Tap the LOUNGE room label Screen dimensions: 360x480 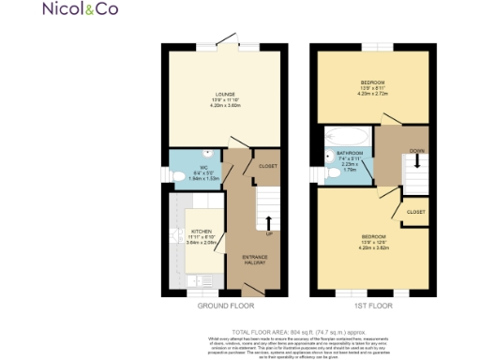(224, 94)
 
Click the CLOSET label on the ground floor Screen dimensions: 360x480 (267, 166)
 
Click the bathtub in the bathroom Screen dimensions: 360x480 (348, 136)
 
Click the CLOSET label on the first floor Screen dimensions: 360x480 (414, 212)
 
